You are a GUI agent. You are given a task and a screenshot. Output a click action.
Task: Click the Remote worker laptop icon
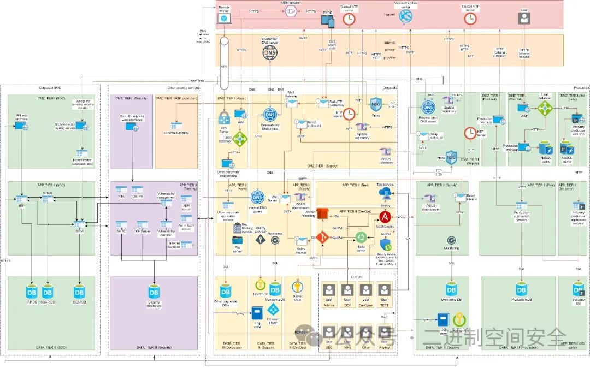(x=224, y=18)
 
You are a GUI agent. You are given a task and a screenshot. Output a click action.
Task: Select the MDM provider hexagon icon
(x=291, y=11)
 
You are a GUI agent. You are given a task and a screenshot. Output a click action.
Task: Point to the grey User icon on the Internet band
(x=524, y=17)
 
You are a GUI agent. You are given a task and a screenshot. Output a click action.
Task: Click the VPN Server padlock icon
(x=225, y=117)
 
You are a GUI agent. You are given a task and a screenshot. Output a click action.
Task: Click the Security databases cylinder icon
(x=154, y=292)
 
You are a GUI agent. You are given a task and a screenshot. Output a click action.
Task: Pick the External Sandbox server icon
(x=176, y=126)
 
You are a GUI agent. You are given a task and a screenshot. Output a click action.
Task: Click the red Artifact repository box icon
(x=322, y=213)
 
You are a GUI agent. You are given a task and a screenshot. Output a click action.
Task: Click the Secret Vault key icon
(x=298, y=287)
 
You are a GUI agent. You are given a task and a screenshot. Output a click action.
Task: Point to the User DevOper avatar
(x=366, y=290)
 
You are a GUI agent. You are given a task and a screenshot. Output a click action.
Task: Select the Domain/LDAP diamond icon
(x=274, y=309)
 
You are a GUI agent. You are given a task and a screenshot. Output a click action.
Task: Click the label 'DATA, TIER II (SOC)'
(x=51, y=347)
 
